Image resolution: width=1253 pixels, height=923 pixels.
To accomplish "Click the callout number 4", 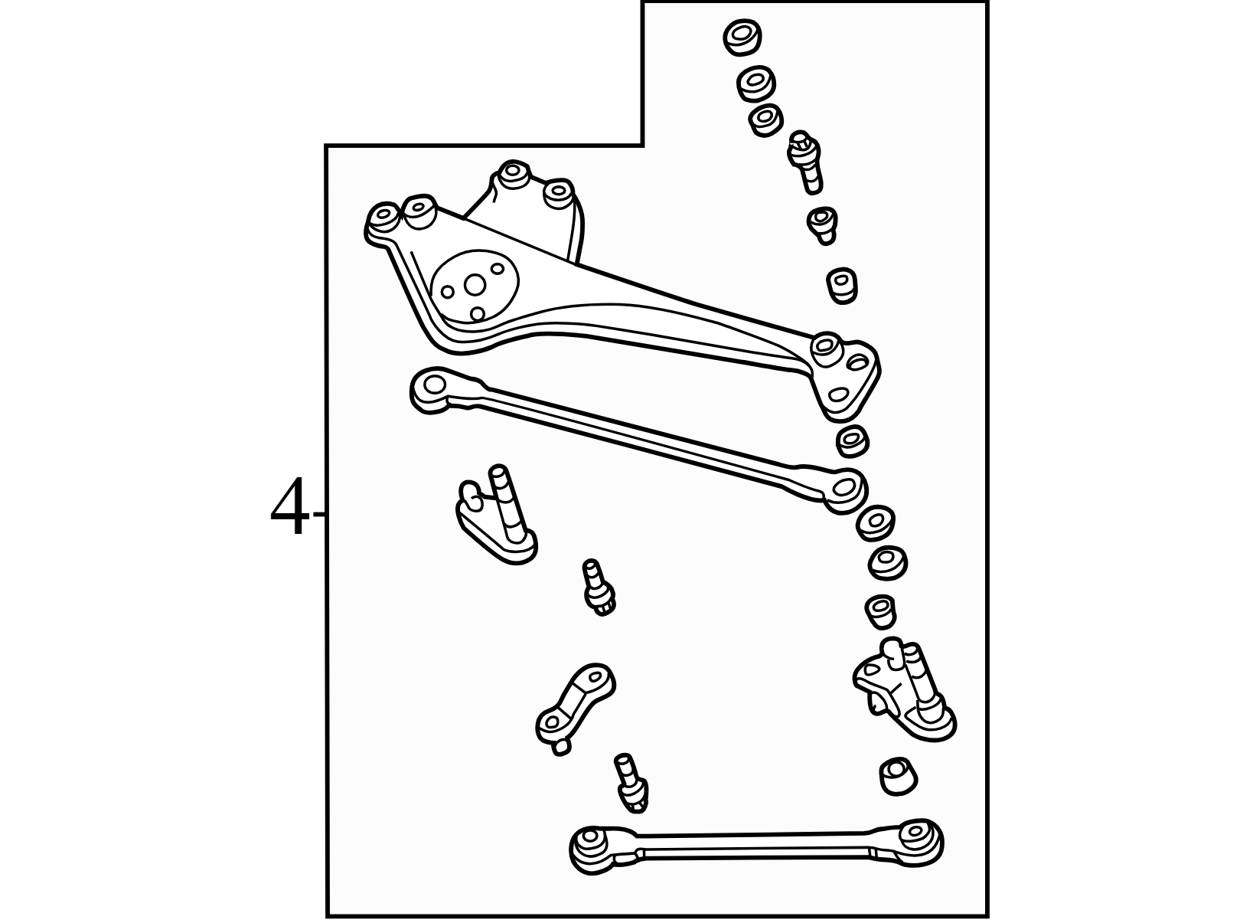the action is coord(289,506).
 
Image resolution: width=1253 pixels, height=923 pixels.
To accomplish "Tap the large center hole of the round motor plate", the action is coord(475,285).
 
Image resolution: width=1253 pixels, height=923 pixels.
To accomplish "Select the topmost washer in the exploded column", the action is coord(742,38).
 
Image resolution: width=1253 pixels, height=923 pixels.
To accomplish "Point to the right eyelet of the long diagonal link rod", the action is coord(845,488).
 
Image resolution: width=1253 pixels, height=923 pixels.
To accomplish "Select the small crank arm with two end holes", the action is coord(575,707).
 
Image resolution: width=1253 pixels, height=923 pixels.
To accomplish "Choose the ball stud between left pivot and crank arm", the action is coord(599,588).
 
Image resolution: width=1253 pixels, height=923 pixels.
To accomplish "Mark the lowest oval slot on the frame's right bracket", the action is coord(838,394).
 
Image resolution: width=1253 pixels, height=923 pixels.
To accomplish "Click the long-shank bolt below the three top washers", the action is coord(805,162).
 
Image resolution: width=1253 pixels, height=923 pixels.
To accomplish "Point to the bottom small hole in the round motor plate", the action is coord(477,314).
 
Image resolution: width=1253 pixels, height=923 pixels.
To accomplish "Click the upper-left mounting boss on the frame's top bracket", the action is coord(514,174).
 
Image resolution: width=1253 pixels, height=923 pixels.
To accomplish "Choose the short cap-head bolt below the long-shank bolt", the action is coord(823,225).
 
